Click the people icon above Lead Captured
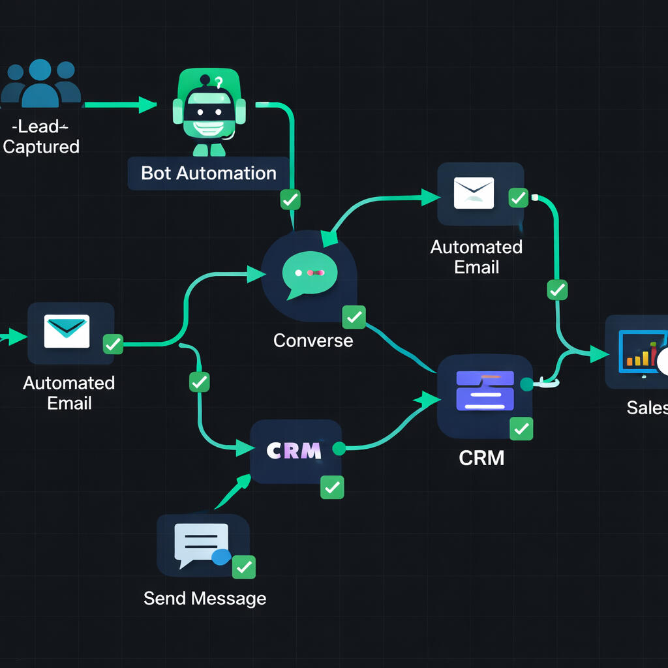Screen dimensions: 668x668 pos(40,83)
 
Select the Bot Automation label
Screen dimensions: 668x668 pos(209,173)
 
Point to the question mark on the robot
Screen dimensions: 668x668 pos(219,82)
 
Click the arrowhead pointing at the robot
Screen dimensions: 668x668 pos(148,104)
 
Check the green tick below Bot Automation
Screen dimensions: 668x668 pos(290,199)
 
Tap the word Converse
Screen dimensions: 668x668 pos(313,340)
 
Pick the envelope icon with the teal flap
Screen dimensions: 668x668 pos(67,331)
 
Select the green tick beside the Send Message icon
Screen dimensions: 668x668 pos(245,567)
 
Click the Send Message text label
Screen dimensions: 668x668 pos(205,598)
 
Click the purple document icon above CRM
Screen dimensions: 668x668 pos(485,390)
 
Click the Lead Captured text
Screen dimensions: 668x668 pos(40,137)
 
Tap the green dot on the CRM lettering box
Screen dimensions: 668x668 pos(339,449)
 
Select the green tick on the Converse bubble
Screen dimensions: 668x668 pos(354,318)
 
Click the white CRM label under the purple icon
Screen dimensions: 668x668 pos(481,457)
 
